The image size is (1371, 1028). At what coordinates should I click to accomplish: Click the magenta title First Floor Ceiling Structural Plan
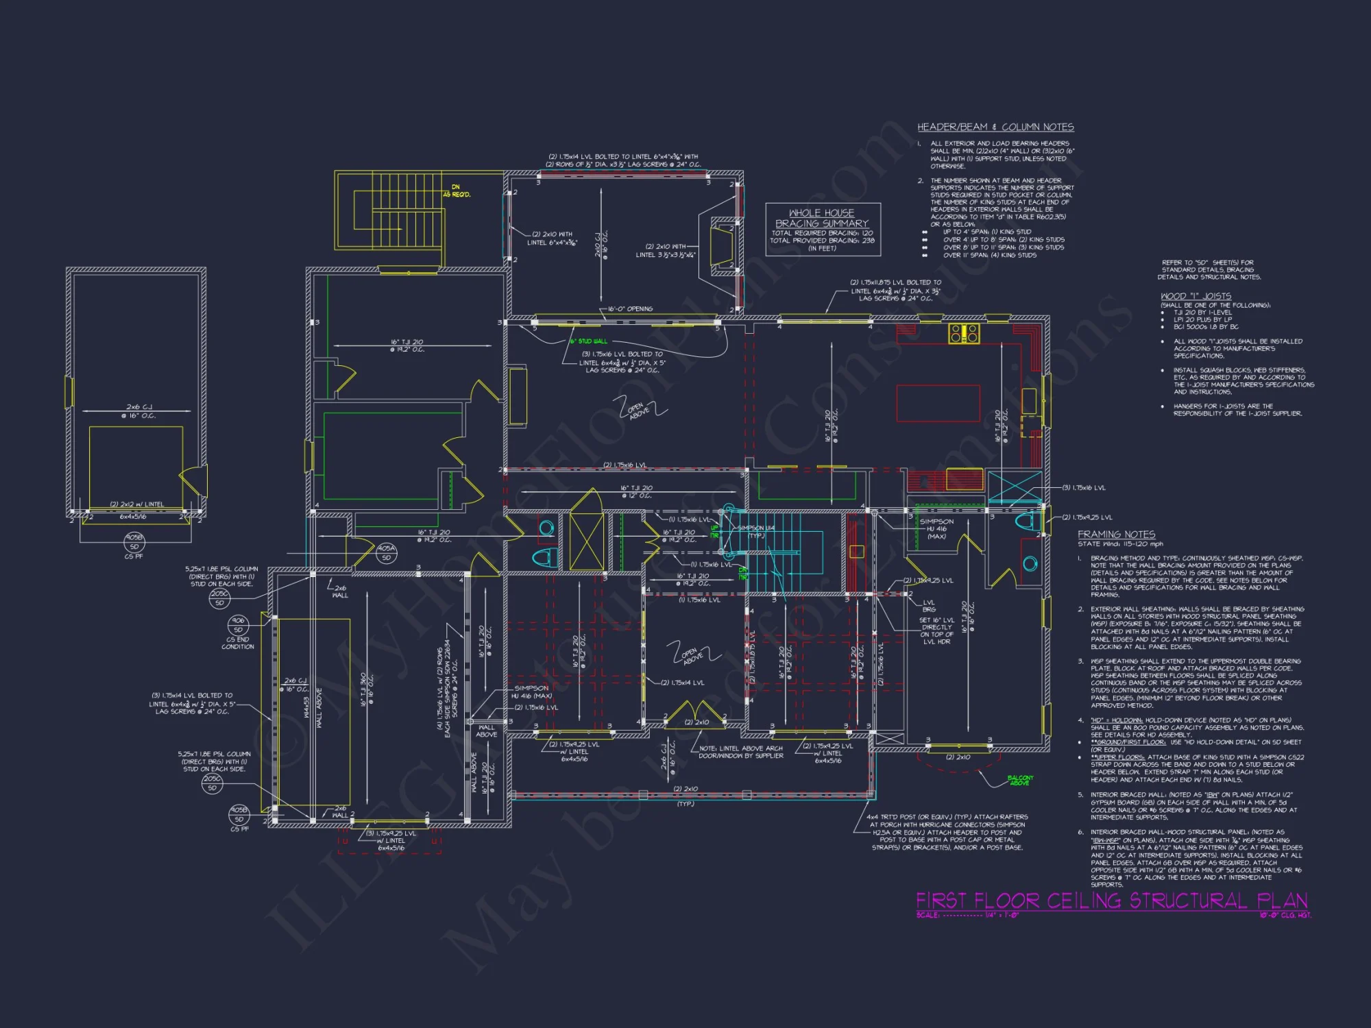[1111, 900]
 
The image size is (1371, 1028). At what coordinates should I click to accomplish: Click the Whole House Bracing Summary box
[823, 230]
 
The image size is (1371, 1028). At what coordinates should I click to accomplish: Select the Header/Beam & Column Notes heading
[995, 127]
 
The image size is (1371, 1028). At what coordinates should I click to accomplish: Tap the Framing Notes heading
[1116, 534]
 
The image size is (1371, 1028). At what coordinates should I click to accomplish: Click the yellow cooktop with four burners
[964, 334]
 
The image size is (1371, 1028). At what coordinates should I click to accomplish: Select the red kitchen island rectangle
[938, 403]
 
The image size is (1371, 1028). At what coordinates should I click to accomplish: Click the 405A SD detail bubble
[386, 552]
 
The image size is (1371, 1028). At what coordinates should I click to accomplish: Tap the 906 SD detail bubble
[238, 624]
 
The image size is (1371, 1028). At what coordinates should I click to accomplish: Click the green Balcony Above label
[1019, 780]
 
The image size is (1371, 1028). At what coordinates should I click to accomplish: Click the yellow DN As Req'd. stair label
[461, 191]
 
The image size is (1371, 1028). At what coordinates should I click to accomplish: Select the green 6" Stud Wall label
[588, 341]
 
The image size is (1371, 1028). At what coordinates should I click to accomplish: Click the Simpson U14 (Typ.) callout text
[755, 531]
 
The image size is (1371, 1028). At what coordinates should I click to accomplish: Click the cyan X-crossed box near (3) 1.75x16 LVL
[1015, 487]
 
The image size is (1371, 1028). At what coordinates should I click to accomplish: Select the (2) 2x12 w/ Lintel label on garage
[137, 504]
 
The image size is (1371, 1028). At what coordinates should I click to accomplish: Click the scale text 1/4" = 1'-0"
[1002, 915]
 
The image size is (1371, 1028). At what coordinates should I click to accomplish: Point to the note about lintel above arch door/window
[740, 752]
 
